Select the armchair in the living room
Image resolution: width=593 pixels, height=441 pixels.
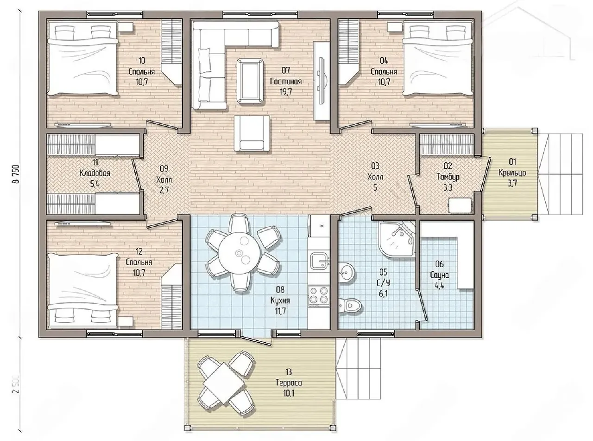click(252, 133)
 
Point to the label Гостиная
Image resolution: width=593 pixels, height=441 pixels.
click(286, 81)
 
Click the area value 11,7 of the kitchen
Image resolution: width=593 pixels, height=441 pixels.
click(280, 311)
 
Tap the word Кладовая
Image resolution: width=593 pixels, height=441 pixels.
click(95, 173)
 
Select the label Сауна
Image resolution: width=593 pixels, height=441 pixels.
click(440, 275)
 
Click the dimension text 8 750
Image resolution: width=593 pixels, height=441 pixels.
click(16, 174)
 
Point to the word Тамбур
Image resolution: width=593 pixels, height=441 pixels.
click(448, 177)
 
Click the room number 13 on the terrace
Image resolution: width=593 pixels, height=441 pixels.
click(289, 372)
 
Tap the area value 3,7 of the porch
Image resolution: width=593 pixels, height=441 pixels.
click(512, 183)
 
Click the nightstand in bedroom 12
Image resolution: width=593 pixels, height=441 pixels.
click(126, 321)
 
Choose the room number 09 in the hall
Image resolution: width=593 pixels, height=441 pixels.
click(164, 169)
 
